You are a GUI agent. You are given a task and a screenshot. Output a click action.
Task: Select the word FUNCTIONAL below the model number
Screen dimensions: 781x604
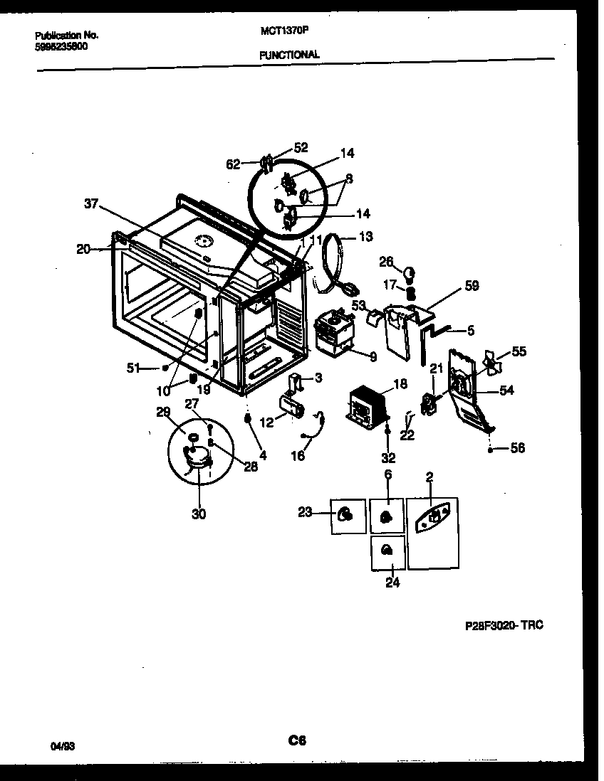(x=289, y=54)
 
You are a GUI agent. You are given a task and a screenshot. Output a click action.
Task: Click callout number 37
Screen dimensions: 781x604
(x=91, y=204)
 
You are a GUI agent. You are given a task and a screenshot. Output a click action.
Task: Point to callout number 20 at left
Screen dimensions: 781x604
(x=84, y=248)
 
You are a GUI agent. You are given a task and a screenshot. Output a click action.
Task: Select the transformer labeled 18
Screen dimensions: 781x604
(x=368, y=408)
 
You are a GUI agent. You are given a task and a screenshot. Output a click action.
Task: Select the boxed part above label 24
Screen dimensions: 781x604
(x=387, y=551)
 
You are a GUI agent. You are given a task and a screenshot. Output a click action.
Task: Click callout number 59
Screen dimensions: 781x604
(x=472, y=286)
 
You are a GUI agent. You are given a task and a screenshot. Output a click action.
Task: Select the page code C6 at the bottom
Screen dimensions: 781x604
(x=297, y=740)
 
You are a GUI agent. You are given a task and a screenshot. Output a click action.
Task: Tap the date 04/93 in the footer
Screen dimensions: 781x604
(x=62, y=746)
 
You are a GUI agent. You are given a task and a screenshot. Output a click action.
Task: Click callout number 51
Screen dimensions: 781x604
(x=132, y=368)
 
